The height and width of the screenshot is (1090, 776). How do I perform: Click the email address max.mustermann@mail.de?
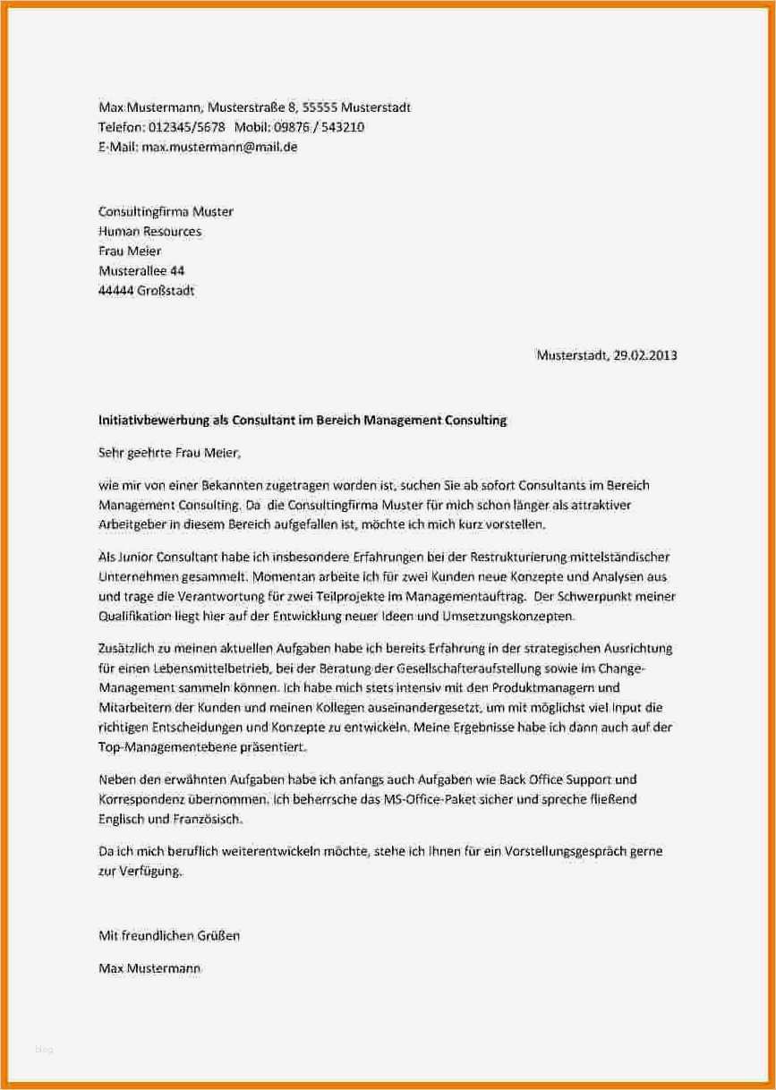(219, 147)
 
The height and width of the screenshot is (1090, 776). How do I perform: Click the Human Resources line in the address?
(149, 231)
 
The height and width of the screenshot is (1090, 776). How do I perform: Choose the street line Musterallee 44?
(141, 270)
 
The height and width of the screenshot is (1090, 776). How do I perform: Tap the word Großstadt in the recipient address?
(165, 290)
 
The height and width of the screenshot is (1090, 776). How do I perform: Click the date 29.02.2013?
(645, 354)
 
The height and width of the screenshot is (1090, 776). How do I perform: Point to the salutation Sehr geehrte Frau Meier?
(169, 453)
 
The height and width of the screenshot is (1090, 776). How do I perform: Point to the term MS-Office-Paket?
(431, 798)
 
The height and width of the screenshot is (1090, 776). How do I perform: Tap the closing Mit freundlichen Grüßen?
(168, 936)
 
